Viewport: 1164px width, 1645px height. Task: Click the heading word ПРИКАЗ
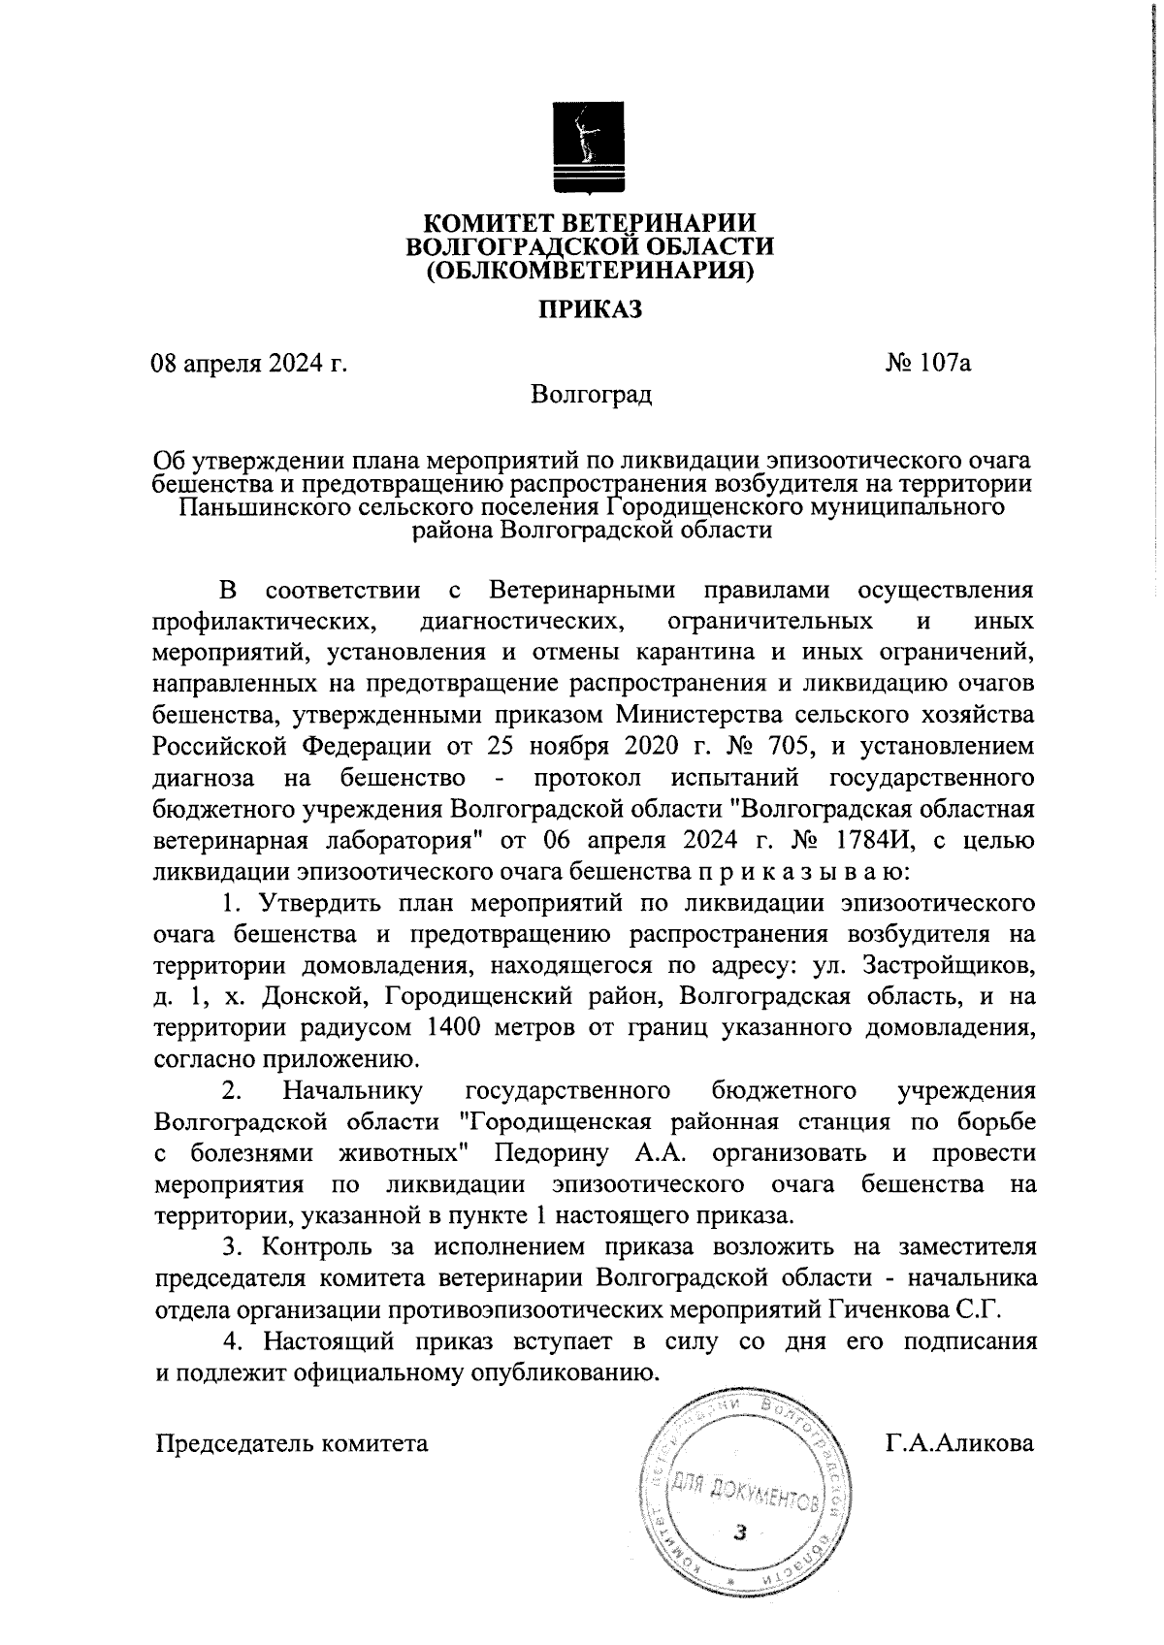click(591, 308)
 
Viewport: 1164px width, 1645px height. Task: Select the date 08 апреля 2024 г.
click(249, 364)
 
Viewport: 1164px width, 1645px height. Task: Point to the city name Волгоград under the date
click(591, 394)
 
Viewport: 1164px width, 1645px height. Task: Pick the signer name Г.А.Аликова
click(959, 1442)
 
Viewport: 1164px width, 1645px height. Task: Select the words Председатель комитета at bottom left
click(292, 1442)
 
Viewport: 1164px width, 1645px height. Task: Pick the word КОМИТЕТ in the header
click(493, 224)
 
